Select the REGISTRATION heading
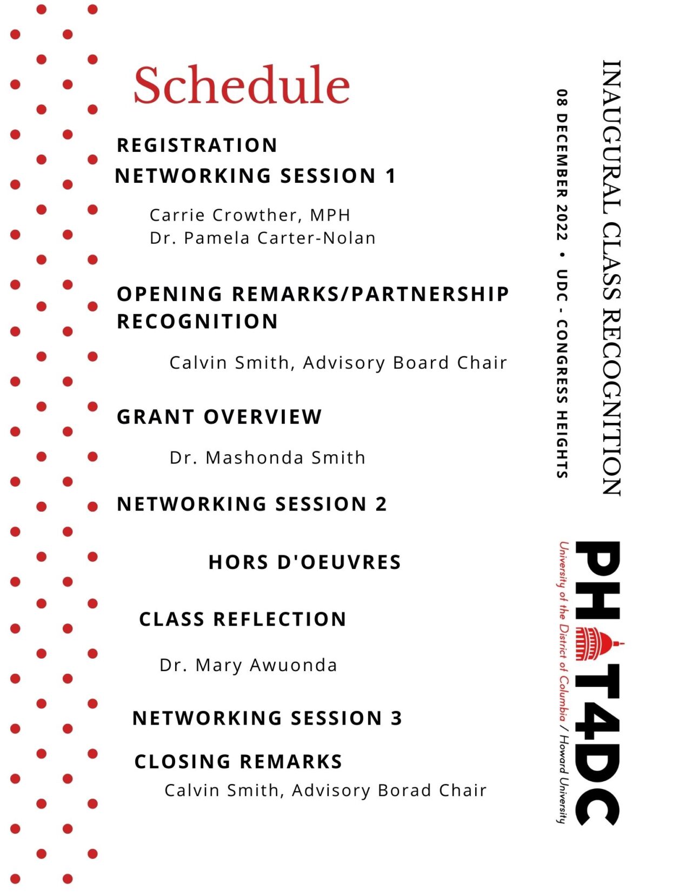click(197, 145)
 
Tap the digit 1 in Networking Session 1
click(391, 176)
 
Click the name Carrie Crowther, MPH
click(250, 215)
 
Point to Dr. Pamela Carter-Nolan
click(263, 238)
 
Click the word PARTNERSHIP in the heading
click(430, 294)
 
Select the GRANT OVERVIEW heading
click(219, 416)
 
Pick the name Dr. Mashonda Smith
click(268, 457)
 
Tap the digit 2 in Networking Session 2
click(381, 504)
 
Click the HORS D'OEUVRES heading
click(304, 562)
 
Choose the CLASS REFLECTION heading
click(242, 619)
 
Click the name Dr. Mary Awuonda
click(248, 665)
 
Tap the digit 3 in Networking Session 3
click(396, 718)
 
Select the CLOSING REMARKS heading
click(238, 761)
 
